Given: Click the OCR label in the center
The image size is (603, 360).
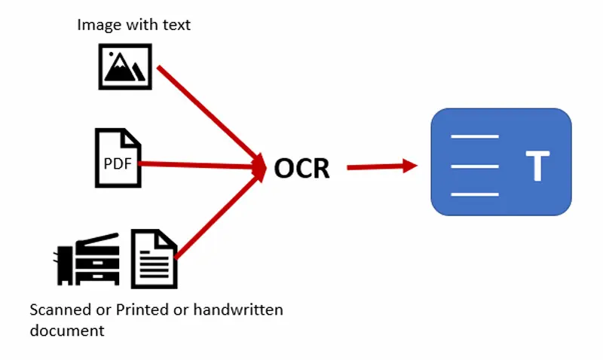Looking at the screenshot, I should (301, 168).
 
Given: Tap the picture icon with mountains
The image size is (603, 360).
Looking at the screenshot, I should (126, 66).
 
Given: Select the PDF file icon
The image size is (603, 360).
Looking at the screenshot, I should (118, 158).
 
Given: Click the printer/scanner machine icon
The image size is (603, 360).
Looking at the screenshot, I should (87, 258).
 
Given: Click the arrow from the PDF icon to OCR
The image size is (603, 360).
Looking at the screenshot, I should (204, 163).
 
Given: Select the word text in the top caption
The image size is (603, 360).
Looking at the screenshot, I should (176, 25).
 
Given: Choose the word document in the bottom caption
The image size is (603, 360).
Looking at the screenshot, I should (66, 330).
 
